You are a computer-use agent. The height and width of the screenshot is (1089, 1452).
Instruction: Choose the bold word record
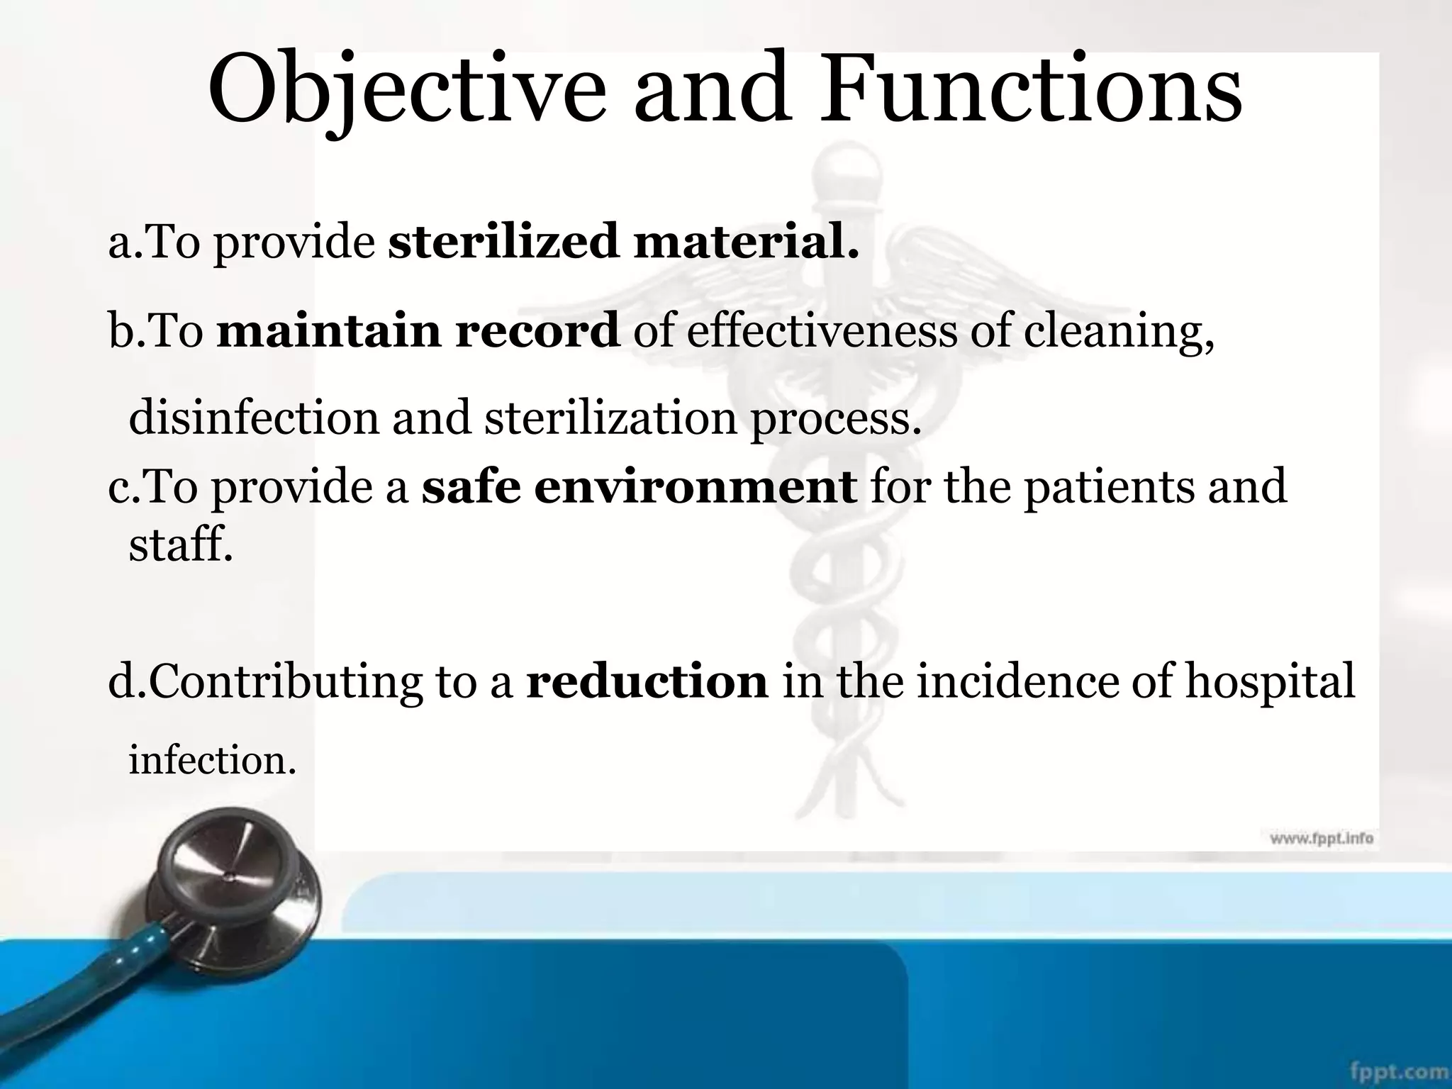[x=537, y=331]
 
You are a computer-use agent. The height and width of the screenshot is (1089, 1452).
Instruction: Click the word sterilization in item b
[x=610, y=418]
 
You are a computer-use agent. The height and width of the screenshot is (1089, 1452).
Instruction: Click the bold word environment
[x=696, y=487]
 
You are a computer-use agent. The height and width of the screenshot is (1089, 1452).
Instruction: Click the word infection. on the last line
[x=212, y=761]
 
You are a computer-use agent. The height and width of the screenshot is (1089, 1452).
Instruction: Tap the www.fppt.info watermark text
[x=1321, y=839]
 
